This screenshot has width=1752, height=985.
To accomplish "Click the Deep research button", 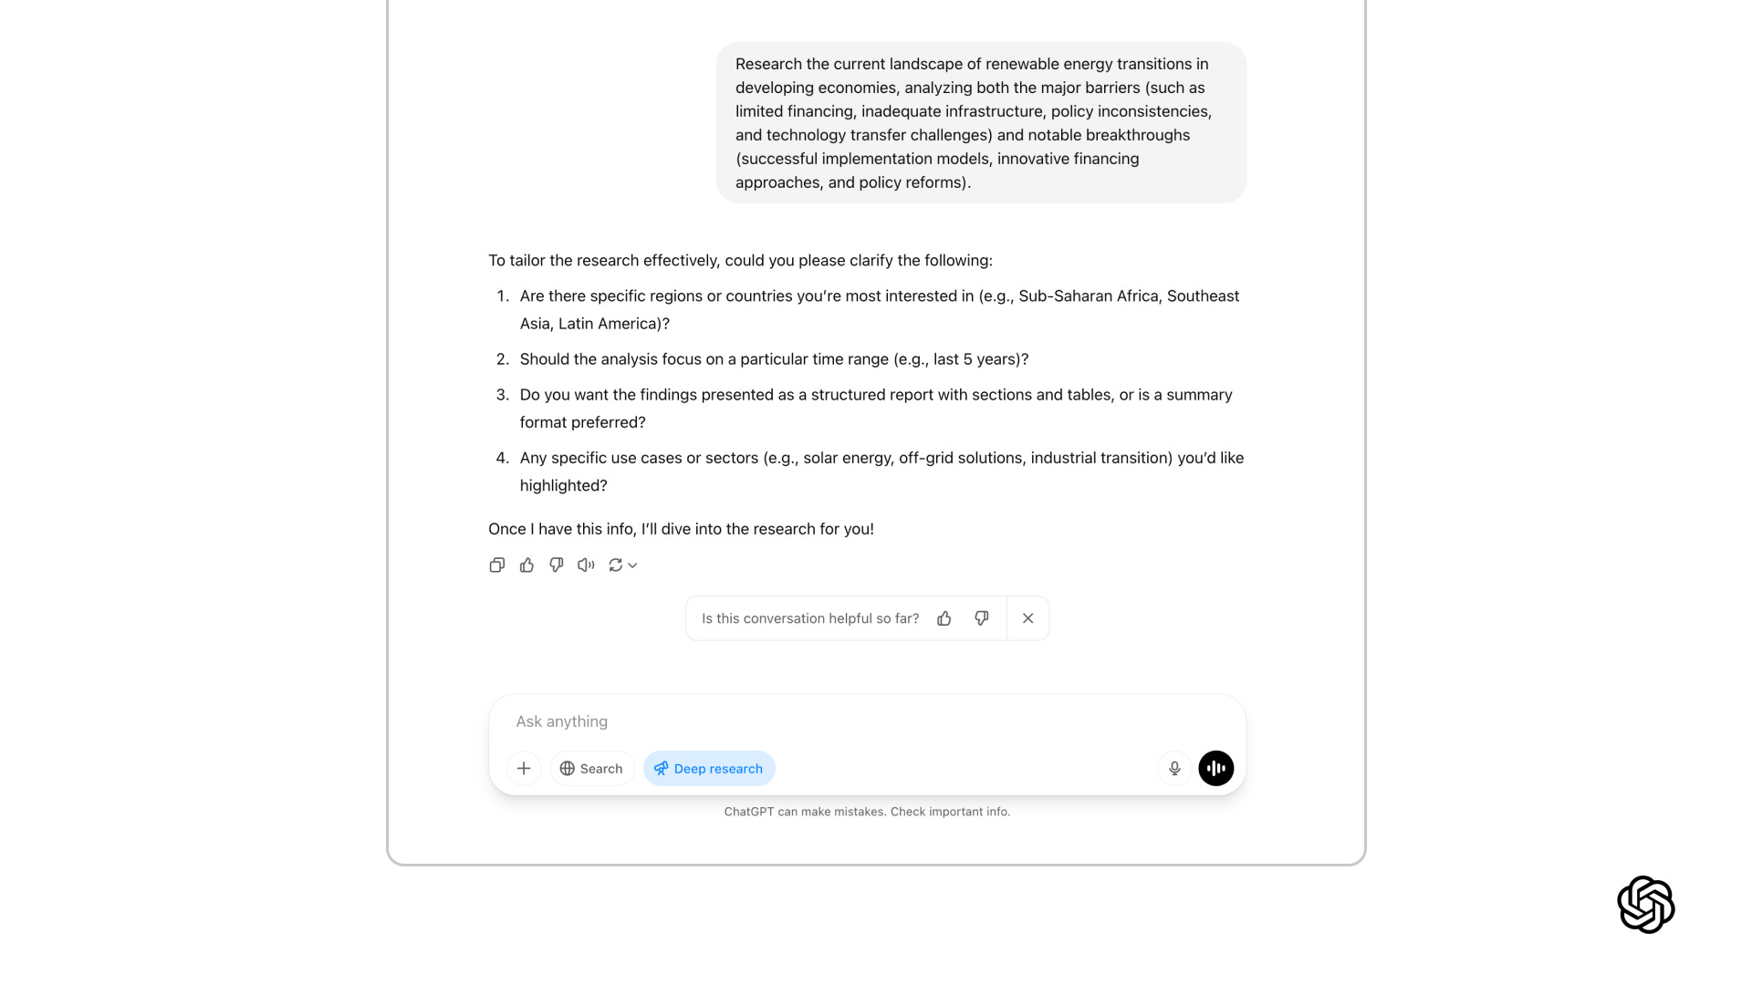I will tap(709, 769).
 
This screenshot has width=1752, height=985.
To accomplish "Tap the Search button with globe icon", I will tap(591, 769).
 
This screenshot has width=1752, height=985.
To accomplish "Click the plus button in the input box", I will tap(524, 769).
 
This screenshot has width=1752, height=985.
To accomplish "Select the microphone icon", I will tap(1174, 769).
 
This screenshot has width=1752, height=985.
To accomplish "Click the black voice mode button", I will tap(1216, 769).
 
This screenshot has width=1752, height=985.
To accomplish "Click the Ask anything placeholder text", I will tap(562, 721).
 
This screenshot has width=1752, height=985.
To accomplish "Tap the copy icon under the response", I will tap(496, 565).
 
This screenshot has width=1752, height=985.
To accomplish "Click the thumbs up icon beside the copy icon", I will tap(527, 565).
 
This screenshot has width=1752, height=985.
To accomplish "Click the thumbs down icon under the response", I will tap(557, 565).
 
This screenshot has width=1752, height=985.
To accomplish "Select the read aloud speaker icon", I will tap(586, 565).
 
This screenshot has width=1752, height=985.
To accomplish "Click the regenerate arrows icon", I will tap(616, 565).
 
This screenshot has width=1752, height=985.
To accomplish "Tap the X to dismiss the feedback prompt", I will tap(1028, 618).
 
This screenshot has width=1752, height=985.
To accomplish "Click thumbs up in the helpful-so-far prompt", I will tap(944, 618).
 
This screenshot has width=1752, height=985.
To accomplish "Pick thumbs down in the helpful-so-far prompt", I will tap(982, 618).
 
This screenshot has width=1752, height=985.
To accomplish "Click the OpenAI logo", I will tap(1645, 905).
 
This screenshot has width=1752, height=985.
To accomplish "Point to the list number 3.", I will tap(502, 395).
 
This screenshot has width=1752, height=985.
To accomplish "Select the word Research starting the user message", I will tap(768, 64).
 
